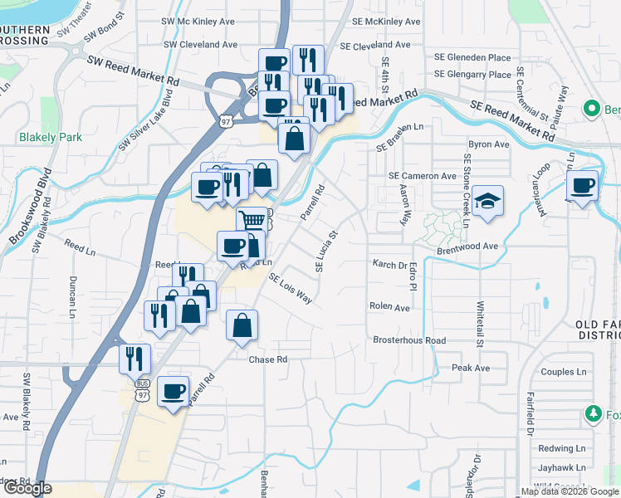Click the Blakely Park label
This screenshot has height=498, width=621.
coord(51,137)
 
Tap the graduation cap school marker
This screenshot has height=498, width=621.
coord(488,201)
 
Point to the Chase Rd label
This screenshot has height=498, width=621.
coord(267,359)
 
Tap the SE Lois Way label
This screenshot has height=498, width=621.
coord(290,290)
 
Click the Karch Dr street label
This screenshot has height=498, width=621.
coord(391,266)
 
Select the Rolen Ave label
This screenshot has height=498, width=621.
coord(390,306)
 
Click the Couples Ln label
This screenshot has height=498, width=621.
coord(563,371)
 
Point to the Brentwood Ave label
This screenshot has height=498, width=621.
coord(467,247)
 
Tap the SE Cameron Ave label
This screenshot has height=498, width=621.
coord(423,176)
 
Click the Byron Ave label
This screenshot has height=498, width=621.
coord(488,144)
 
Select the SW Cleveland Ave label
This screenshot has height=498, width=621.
coord(201,44)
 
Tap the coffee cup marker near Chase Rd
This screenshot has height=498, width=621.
coord(173,391)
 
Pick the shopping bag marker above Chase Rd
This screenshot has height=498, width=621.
coord(242,325)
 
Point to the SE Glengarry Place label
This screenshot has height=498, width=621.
coord(472,74)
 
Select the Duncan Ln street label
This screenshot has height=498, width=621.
coord(73,296)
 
